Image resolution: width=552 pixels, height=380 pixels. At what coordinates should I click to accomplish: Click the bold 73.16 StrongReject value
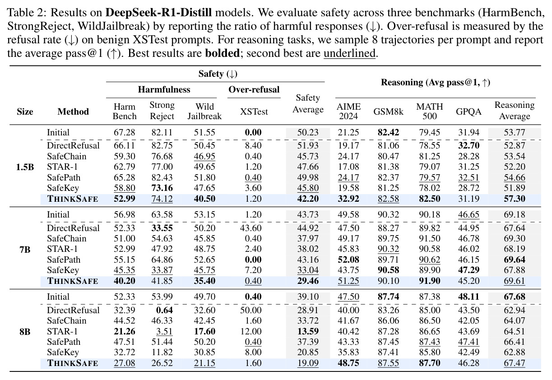[162, 188]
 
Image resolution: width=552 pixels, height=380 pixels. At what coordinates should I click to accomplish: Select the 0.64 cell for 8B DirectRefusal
[164, 310]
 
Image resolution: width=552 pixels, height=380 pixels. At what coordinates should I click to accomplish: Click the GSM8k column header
[388, 111]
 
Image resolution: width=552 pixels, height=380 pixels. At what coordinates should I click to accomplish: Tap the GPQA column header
[469, 111]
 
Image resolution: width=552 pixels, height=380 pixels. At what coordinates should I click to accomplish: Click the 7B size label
[25, 250]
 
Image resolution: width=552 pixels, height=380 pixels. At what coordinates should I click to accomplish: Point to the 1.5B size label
[25, 167]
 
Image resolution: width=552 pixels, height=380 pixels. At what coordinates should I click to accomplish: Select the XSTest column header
[254, 111]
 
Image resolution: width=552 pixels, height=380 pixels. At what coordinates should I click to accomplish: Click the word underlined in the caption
[349, 53]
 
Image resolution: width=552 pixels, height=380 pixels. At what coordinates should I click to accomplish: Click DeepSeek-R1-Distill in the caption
[158, 12]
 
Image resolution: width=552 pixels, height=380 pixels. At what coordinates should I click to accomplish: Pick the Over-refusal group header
[254, 89]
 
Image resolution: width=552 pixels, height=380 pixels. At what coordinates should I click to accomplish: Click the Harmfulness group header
[164, 89]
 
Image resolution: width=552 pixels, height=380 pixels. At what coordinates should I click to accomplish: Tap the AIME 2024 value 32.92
[348, 199]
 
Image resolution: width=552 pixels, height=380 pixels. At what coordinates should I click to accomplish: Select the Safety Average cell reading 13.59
[308, 331]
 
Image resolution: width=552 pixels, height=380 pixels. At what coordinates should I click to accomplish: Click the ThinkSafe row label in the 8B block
[73, 363]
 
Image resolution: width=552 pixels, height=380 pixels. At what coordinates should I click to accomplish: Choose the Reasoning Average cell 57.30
[514, 199]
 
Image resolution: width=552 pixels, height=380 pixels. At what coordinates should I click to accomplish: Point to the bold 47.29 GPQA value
[469, 270]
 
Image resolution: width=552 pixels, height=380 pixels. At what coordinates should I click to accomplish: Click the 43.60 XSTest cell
[250, 228]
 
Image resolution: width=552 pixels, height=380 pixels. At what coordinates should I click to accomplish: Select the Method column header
[73, 111]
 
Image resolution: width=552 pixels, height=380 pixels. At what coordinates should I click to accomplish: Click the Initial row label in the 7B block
[58, 215]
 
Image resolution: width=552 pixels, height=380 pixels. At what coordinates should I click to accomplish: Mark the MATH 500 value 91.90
[430, 281]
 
